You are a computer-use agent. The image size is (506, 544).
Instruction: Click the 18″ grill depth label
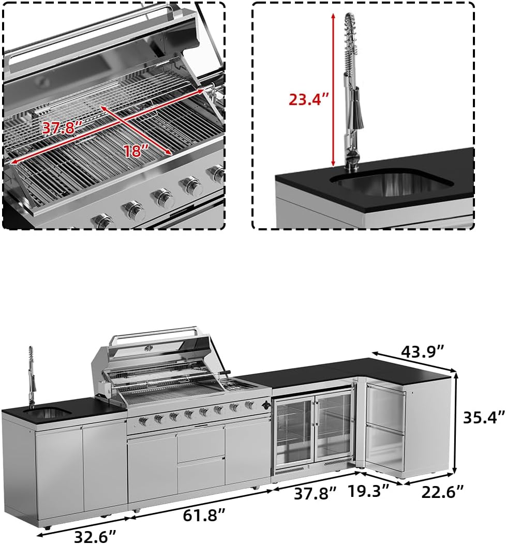pos(136,151)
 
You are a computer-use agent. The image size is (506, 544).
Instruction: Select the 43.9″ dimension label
pos(423,351)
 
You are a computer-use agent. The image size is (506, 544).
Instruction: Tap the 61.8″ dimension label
pos(204,515)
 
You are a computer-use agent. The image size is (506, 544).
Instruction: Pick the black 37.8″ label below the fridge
pos(316,493)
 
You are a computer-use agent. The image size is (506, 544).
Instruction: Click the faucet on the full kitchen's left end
pos(32,375)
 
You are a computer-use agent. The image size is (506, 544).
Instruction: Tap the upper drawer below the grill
pos(201,444)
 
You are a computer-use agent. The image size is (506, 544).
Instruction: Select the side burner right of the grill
pos(240,385)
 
